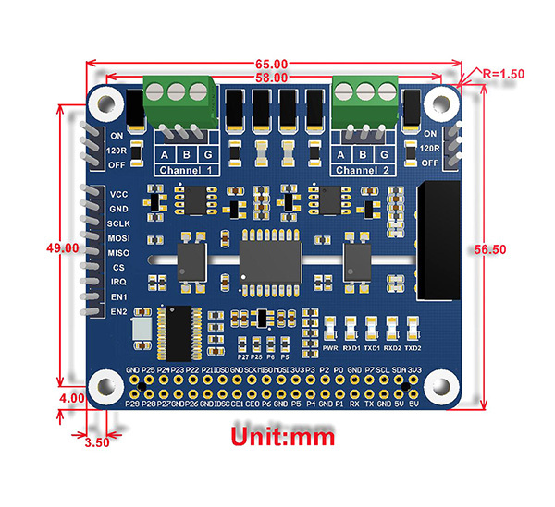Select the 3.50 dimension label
tap(96, 441)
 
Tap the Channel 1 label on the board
tap(188, 171)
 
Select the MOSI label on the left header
tap(118, 238)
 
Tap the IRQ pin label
tap(118, 282)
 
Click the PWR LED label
tap(331, 348)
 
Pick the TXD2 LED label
tap(413, 348)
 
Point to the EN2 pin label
tap(118, 311)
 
